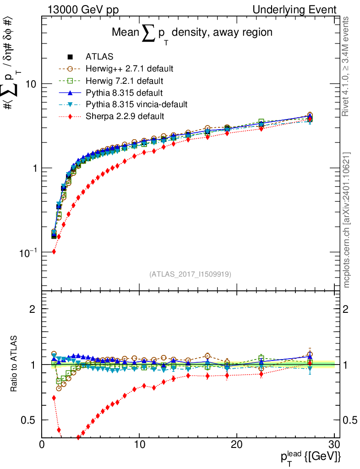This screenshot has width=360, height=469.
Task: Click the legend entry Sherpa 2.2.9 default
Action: tap(125, 116)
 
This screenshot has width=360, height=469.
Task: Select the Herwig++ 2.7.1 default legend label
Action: tap(129, 69)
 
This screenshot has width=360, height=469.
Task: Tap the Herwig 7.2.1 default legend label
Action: tap(125, 81)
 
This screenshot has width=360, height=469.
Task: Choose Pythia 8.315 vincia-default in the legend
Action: tap(136, 104)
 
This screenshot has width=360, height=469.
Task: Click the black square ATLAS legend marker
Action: tap(70, 57)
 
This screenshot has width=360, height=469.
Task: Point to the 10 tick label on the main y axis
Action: tap(30, 84)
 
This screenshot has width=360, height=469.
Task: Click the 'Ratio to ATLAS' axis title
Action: tap(14, 365)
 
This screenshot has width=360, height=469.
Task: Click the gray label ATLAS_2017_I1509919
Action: tap(190, 274)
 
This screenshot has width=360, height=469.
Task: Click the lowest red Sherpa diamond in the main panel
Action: tap(54, 251)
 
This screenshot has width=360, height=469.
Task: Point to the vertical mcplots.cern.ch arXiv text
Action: tap(347, 220)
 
